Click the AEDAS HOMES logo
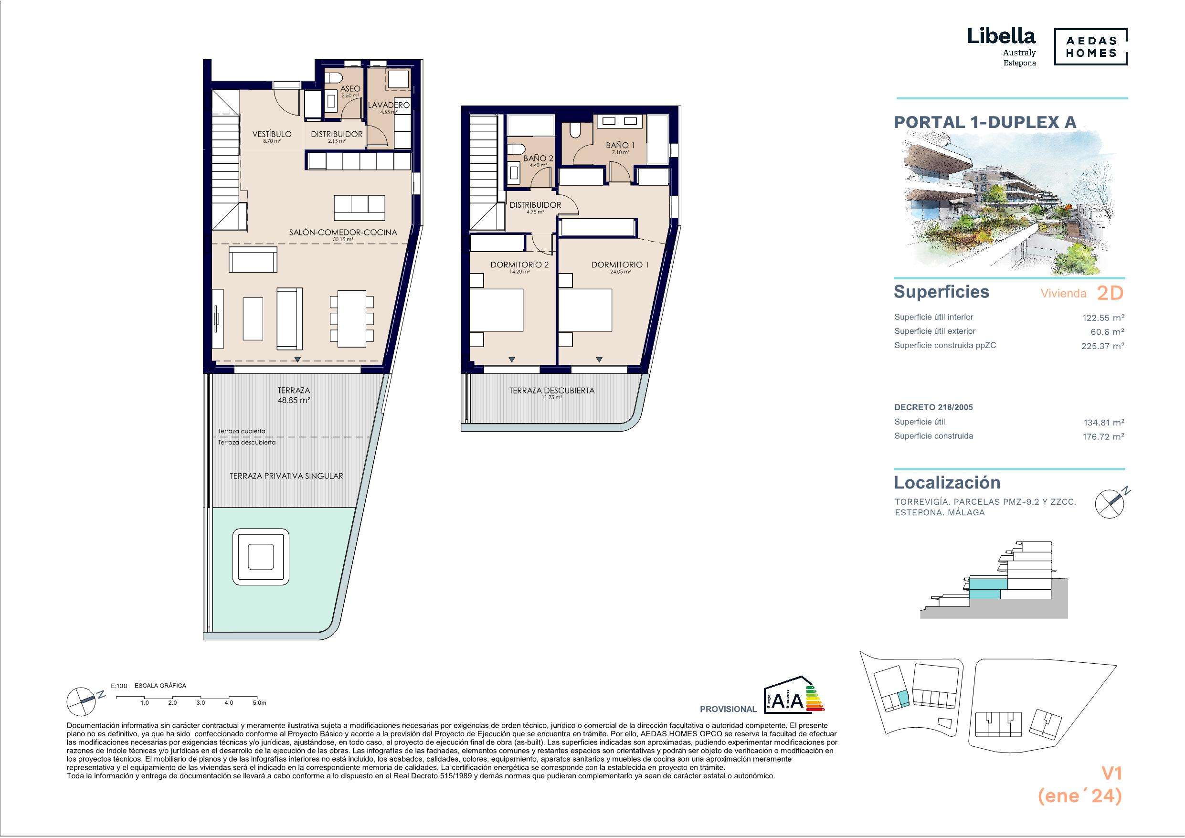[1090, 46]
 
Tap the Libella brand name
[1001, 36]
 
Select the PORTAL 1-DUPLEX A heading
[985, 122]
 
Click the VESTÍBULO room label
[272, 134]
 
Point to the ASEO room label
[350, 89]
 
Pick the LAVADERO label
[389, 105]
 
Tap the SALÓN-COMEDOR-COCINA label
[343, 233]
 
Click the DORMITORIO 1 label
[620, 265]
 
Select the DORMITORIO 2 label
[519, 265]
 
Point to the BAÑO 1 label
[620, 146]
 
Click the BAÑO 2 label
[538, 159]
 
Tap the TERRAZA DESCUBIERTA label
[552, 391]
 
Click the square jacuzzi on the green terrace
[261, 557]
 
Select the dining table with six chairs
[351, 319]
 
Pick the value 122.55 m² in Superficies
[1103, 318]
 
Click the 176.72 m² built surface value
[1103, 436]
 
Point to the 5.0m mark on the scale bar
[260, 703]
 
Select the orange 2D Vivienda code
[1110, 293]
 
